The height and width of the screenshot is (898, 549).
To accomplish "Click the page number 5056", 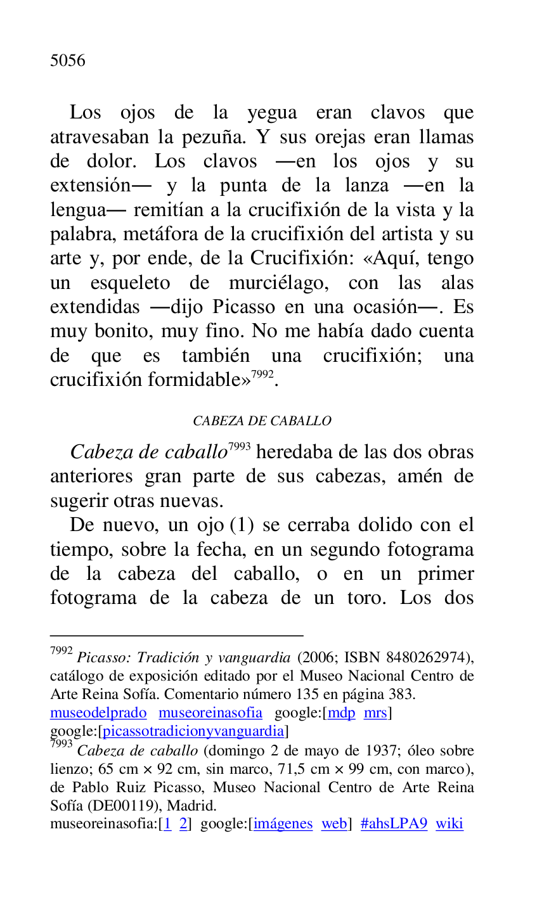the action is [x=67, y=61].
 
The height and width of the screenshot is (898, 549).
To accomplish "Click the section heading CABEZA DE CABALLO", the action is [x=262, y=421].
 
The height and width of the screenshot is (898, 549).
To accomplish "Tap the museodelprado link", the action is [x=98, y=713].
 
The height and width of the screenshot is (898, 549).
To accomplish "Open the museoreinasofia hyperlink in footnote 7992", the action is [x=210, y=713].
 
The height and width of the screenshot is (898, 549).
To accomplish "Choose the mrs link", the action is [x=375, y=713].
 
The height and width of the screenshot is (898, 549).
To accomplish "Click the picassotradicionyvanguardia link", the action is [x=193, y=731].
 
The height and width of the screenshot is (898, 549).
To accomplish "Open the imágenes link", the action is [x=283, y=824].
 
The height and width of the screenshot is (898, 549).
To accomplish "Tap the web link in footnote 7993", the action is [x=333, y=824].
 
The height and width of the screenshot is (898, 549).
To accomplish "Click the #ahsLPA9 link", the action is [x=394, y=824].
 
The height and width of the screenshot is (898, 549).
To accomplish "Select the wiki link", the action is [x=449, y=824].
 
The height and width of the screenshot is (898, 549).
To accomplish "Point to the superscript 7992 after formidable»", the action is [x=262, y=375].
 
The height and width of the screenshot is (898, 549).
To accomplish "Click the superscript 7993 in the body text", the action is [x=239, y=447].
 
